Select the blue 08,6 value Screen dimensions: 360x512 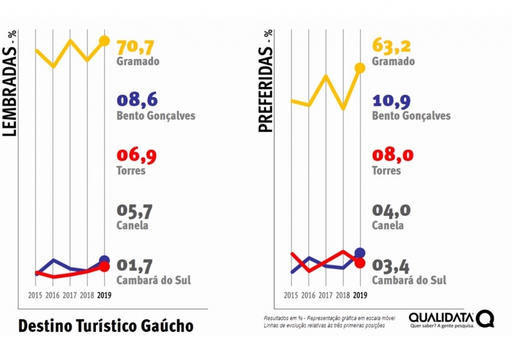[137, 100]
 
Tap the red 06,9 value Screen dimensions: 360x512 [136, 156]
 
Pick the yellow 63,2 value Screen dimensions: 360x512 [392, 46]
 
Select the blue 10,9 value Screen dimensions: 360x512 [392, 100]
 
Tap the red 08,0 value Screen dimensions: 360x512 [391, 156]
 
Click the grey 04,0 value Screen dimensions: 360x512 [391, 211]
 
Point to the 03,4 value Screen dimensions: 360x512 [391, 265]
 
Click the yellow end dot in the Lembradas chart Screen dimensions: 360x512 [104, 41]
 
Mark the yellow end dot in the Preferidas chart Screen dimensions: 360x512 [360, 67]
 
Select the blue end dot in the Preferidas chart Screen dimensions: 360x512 [360, 253]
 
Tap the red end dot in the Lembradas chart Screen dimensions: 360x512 [104, 266]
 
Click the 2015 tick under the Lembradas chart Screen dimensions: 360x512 [36, 295]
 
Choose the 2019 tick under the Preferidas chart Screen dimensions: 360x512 [360, 295]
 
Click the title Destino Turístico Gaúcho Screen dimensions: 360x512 [106, 325]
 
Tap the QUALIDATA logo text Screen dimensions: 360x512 [441, 317]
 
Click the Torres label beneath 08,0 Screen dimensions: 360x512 [387, 171]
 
